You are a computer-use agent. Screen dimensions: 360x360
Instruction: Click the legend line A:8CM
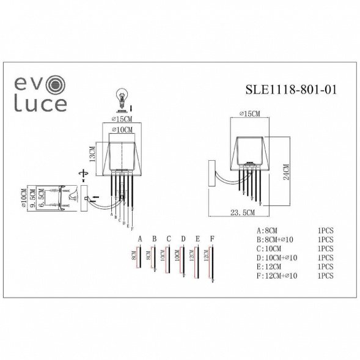click(269, 232)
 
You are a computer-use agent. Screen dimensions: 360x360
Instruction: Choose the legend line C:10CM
click(271, 249)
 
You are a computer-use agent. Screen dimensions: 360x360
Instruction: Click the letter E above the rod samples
click(197, 238)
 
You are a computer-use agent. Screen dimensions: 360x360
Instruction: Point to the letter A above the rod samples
click(140, 238)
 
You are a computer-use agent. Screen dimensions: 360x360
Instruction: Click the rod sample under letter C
click(169, 259)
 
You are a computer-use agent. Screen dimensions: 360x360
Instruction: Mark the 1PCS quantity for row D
click(325, 258)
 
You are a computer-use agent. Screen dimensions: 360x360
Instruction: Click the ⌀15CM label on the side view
click(249, 114)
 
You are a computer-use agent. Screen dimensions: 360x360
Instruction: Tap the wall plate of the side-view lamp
click(212, 174)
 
